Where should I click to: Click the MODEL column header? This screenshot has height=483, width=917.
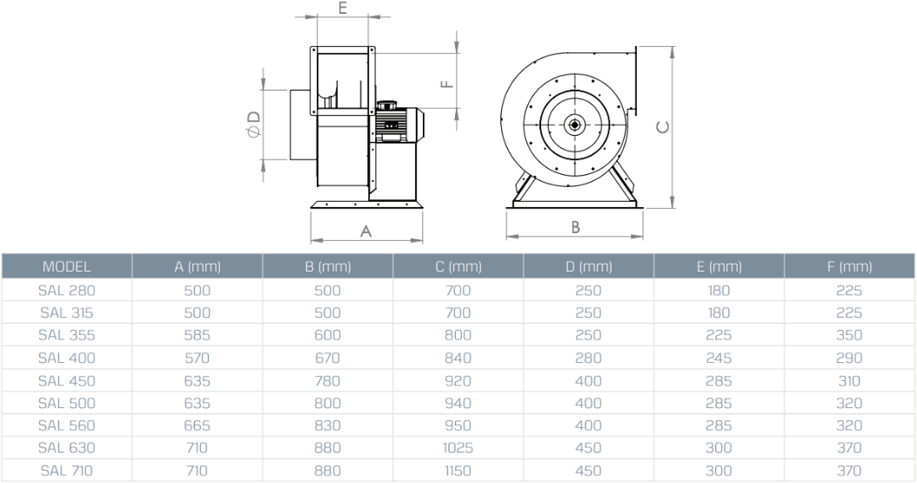coord(67,266)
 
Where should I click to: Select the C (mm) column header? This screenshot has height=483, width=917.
coord(458,266)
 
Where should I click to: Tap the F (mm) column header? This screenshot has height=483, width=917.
coord(849,266)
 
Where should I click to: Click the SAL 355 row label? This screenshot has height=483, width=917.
coord(67,335)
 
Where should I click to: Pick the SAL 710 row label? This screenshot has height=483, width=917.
coord(67,471)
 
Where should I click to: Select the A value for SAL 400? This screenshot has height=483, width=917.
coord(197,358)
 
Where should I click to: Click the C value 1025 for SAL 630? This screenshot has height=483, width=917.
coord(458,448)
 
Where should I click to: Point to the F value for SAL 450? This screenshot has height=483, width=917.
coord(849,380)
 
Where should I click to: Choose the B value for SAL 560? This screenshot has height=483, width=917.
coord(327,426)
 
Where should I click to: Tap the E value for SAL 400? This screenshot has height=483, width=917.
coord(719,358)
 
